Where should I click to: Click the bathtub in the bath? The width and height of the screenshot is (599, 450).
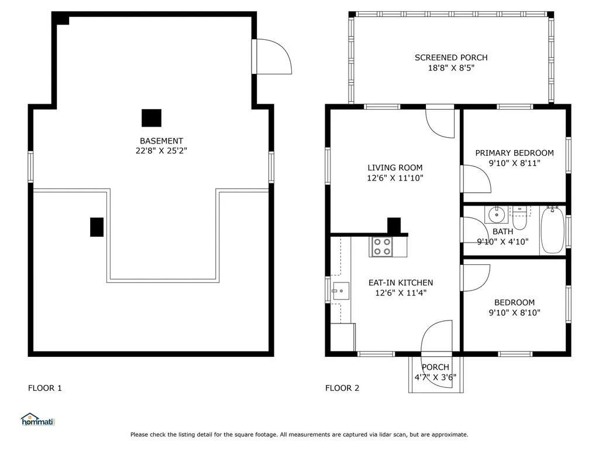[552, 230]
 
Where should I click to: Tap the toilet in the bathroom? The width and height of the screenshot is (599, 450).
[519, 217]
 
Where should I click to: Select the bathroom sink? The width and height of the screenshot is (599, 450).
[497, 214]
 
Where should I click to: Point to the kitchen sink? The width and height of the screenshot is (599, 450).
[340, 291]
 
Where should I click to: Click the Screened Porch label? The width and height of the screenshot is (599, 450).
[451, 58]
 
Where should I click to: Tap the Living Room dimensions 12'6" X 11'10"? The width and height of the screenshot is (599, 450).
[395, 178]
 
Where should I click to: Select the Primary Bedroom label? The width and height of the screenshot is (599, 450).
[514, 153]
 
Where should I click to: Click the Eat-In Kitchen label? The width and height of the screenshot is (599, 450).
[401, 283]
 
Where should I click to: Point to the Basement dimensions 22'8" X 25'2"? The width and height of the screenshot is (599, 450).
[161, 151]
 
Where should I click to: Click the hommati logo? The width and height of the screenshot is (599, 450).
[38, 420]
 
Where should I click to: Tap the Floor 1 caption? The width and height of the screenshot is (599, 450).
[44, 388]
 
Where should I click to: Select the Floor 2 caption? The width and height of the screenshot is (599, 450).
[342, 388]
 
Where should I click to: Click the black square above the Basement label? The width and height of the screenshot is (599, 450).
[152, 118]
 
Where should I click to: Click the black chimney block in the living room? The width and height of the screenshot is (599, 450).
[394, 226]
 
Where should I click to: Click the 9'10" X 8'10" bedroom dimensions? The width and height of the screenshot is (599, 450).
[514, 313]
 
